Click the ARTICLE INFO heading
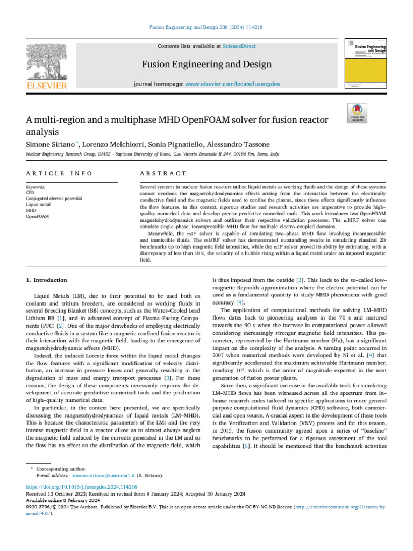(59, 173)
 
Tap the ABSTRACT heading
(163, 173)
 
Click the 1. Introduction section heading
(47, 280)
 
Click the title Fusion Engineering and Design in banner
(206, 65)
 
